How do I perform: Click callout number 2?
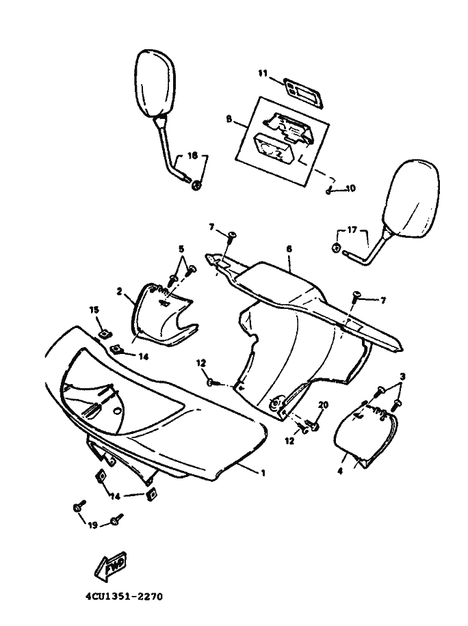pyautogui.click(x=120, y=292)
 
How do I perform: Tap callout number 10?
pyautogui.click(x=352, y=189)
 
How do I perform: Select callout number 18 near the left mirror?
pyautogui.click(x=192, y=156)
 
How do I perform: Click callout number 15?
pyautogui.click(x=94, y=310)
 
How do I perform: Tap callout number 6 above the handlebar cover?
pyautogui.click(x=289, y=250)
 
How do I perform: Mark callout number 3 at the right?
pyautogui.click(x=403, y=377)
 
